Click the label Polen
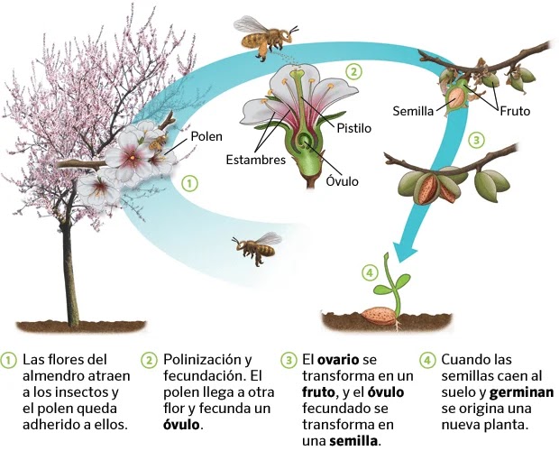[x=206, y=136]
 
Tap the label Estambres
[x=256, y=161]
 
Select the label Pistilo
[x=353, y=128]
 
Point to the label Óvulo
[x=342, y=181]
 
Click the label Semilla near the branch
[x=413, y=111]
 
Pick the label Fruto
[x=513, y=111]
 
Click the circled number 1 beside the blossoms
[x=189, y=182]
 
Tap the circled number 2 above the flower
[x=354, y=71]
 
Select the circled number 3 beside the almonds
[x=477, y=140]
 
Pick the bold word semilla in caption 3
[x=353, y=441]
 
